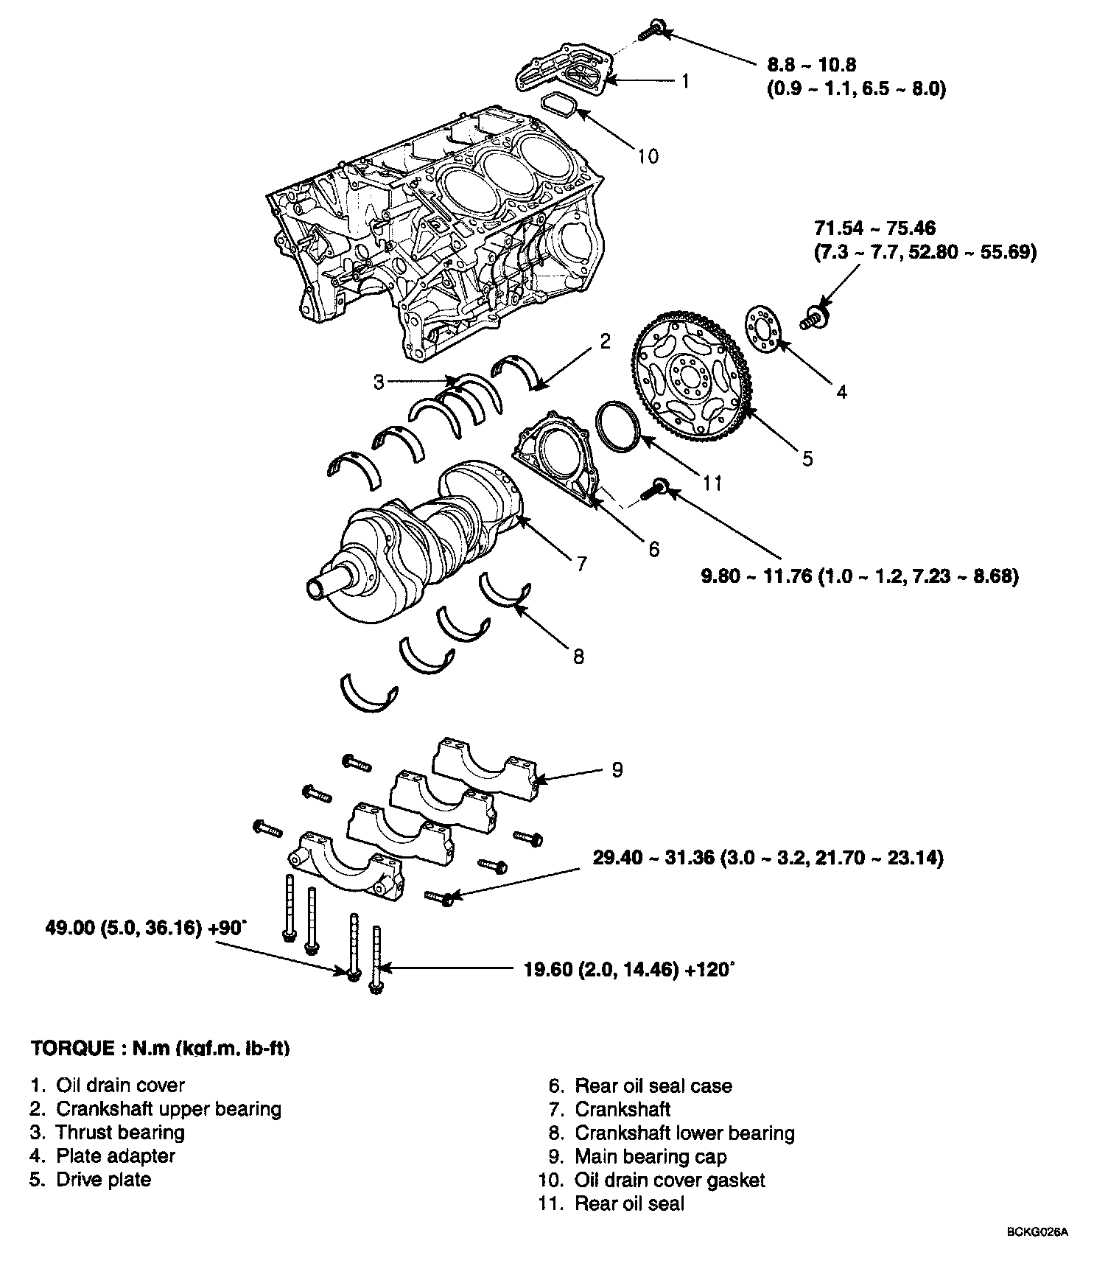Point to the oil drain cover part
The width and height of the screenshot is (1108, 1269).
564,73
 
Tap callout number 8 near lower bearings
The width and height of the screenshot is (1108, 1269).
578,655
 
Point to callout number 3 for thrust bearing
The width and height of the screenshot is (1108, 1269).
379,382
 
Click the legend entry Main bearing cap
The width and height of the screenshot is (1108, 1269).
650,1156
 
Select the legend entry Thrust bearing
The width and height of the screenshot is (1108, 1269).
120,1132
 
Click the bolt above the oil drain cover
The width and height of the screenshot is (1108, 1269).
649,30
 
